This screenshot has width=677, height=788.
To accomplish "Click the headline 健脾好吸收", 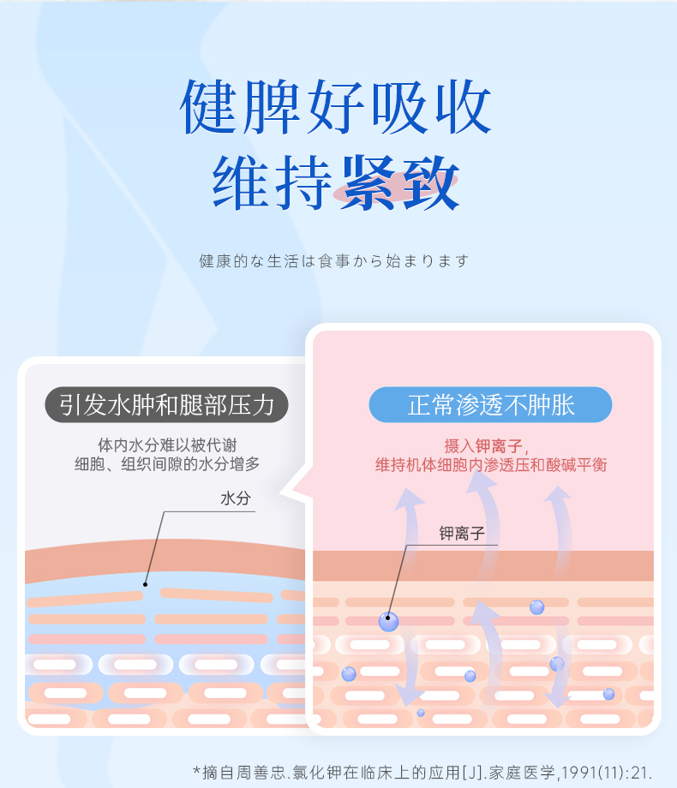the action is pos(336,108).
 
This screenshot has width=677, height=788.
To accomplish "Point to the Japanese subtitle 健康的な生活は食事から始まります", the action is pos(334,260).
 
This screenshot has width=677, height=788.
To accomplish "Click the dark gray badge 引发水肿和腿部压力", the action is pos(166,404).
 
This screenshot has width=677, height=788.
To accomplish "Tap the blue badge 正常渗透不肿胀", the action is pos(490,405).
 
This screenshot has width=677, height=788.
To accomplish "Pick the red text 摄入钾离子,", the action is pos(487,446).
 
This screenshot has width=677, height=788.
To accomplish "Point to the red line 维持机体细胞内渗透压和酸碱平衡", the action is pos(491,466).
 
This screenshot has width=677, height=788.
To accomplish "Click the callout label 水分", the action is pos(235,498).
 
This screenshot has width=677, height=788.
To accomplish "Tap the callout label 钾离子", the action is pos(462,534).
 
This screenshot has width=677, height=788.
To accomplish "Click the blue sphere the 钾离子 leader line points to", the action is pos(388,622).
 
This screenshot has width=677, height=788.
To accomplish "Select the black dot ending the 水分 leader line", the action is pos(146,584).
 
